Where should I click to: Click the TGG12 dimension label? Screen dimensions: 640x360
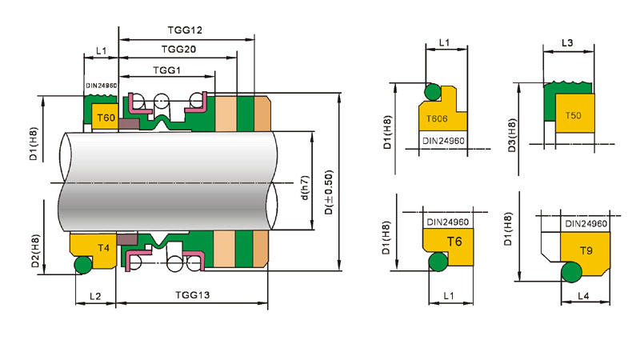[x=185, y=30]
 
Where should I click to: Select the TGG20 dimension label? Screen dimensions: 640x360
[x=178, y=50]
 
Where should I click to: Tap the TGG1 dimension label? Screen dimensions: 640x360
[x=166, y=70]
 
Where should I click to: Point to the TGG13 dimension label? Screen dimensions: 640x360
[x=192, y=294]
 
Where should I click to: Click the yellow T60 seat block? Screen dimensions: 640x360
[x=106, y=118]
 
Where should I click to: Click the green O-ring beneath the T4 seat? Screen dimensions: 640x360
[x=83, y=265]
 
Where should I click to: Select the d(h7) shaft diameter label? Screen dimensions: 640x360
[x=306, y=188]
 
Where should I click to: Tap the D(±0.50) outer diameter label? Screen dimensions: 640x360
[x=329, y=193]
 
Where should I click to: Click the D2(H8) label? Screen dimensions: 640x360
[x=35, y=251]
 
